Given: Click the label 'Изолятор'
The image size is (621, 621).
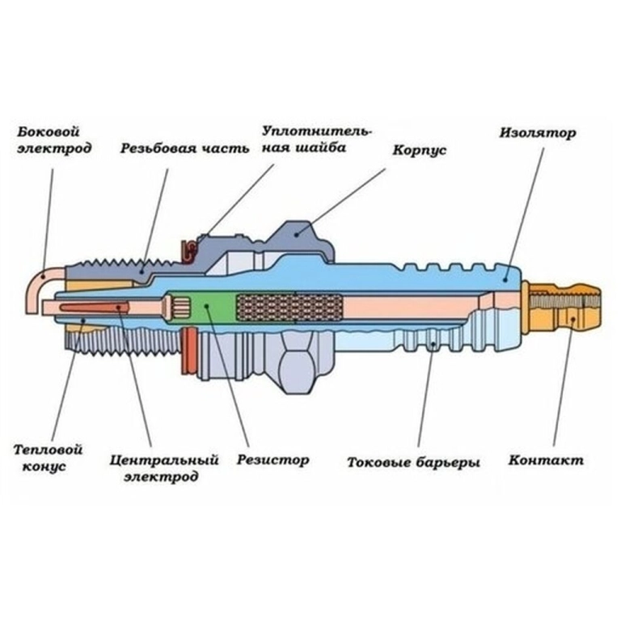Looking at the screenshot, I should [538, 133].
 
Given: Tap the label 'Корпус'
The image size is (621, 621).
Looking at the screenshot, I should [419, 150].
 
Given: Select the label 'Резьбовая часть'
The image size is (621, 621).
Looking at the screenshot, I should [180, 149].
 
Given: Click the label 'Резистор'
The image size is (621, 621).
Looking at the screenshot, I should [272, 460].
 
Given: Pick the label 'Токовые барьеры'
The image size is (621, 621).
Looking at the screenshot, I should [413, 463].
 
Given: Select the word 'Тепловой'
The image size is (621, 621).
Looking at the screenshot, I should [49, 450].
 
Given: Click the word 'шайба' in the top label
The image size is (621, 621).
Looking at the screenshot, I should [321, 148].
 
